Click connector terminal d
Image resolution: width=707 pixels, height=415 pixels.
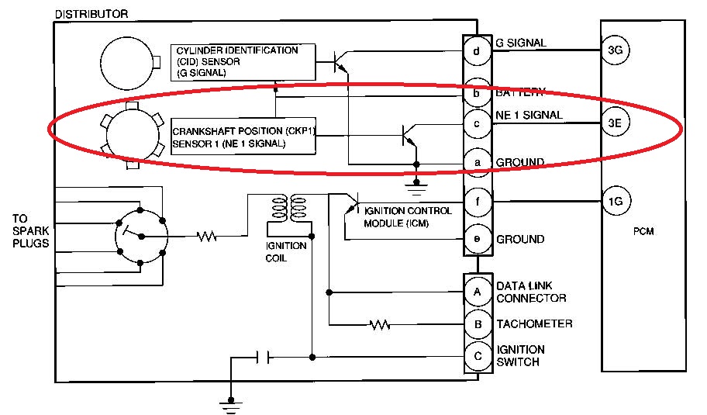[477, 52]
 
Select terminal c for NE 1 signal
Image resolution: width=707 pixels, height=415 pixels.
[477, 123]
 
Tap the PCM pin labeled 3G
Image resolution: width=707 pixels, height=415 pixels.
[616, 51]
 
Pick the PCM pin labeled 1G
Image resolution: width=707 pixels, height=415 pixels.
[616, 202]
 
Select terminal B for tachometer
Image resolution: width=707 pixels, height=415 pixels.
[477, 323]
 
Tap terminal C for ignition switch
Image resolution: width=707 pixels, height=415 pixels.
[477, 357]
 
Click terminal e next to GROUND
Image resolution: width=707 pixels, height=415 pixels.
[477, 239]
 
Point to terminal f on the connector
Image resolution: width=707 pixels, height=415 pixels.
[477, 203]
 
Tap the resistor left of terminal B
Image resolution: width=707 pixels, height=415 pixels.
[379, 323]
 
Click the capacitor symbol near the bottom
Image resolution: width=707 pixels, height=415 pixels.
[264, 358]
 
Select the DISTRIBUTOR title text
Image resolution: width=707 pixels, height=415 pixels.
[91, 14]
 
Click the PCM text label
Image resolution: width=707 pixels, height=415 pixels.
[644, 232]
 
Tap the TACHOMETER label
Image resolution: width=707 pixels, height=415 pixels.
[534, 323]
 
